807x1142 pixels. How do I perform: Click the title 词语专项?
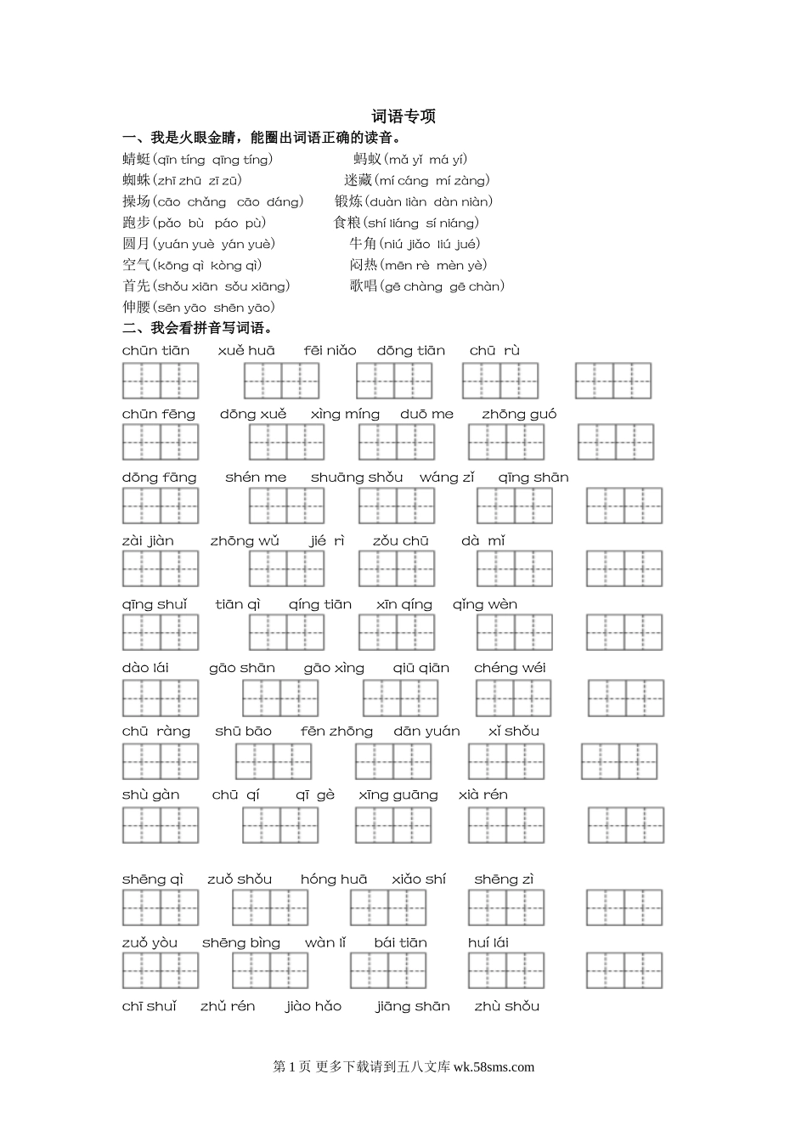click(403, 116)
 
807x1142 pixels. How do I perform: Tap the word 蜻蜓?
click(136, 159)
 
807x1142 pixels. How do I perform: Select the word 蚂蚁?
click(367, 159)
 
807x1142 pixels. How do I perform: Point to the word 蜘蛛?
click(136, 180)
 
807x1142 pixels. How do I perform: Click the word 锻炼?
click(348, 201)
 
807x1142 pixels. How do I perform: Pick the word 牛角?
click(363, 244)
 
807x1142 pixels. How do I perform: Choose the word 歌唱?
click(363, 286)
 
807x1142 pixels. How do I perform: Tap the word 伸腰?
click(136, 308)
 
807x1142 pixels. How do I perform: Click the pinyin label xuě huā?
click(246, 351)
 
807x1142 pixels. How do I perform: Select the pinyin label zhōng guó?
click(519, 415)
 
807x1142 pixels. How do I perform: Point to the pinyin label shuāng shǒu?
click(357, 478)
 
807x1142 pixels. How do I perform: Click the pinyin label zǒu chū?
click(401, 541)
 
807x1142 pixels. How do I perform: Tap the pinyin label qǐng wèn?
click(484, 605)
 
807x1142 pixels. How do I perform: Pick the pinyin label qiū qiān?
click(421, 669)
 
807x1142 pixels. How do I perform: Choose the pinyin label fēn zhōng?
click(336, 732)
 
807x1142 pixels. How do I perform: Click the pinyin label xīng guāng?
click(398, 795)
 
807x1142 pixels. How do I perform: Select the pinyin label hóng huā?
click(334, 879)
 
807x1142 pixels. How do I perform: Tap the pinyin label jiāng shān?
click(413, 1007)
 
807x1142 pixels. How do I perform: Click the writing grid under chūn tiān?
click(161, 381)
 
